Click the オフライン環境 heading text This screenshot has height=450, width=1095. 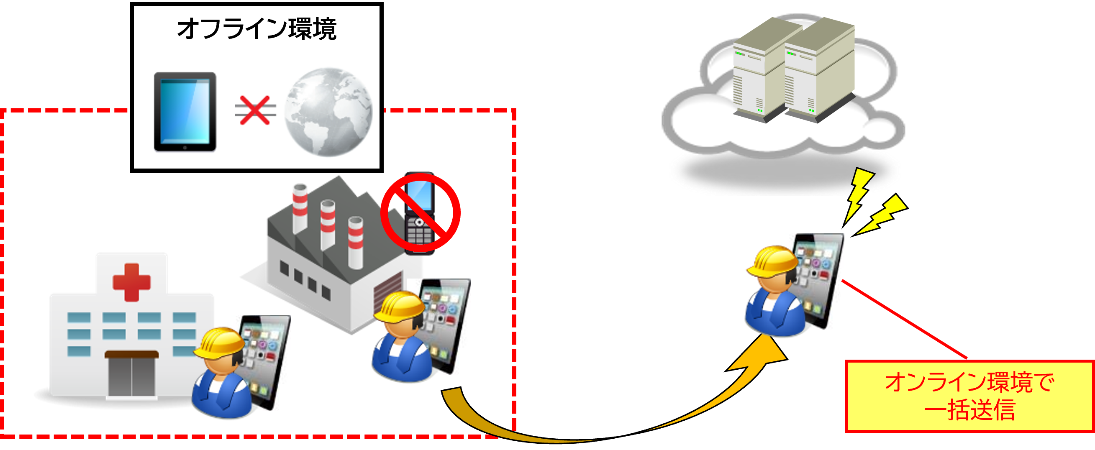point(256,29)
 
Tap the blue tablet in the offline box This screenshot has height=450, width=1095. point(185,112)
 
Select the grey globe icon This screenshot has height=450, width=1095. point(328,112)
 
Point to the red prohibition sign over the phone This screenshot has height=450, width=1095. point(420,212)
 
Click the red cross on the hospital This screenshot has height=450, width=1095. point(131,282)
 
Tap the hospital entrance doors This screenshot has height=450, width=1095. point(131,376)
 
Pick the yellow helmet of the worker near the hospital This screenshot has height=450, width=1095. point(218,343)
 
